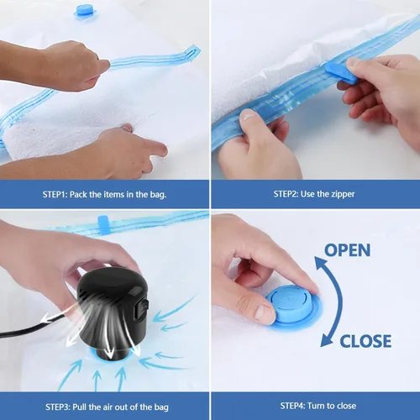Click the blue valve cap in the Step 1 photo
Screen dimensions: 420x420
coord(86,12)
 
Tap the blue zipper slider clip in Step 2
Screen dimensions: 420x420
coord(342,73)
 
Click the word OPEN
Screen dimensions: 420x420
coord(347,250)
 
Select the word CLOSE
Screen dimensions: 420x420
coord(365,341)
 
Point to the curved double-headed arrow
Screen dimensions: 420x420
coord(339,302)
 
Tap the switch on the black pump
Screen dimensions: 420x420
coord(144,309)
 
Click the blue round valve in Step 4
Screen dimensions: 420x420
coord(291,305)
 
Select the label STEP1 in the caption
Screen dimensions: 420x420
coord(55,194)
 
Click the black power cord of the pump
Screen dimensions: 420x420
coord(32,328)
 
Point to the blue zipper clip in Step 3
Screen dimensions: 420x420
coord(103,225)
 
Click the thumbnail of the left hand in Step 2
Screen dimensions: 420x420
coord(248,115)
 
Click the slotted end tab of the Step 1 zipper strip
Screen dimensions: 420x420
coord(192,52)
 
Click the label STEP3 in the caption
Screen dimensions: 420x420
coord(58,407)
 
